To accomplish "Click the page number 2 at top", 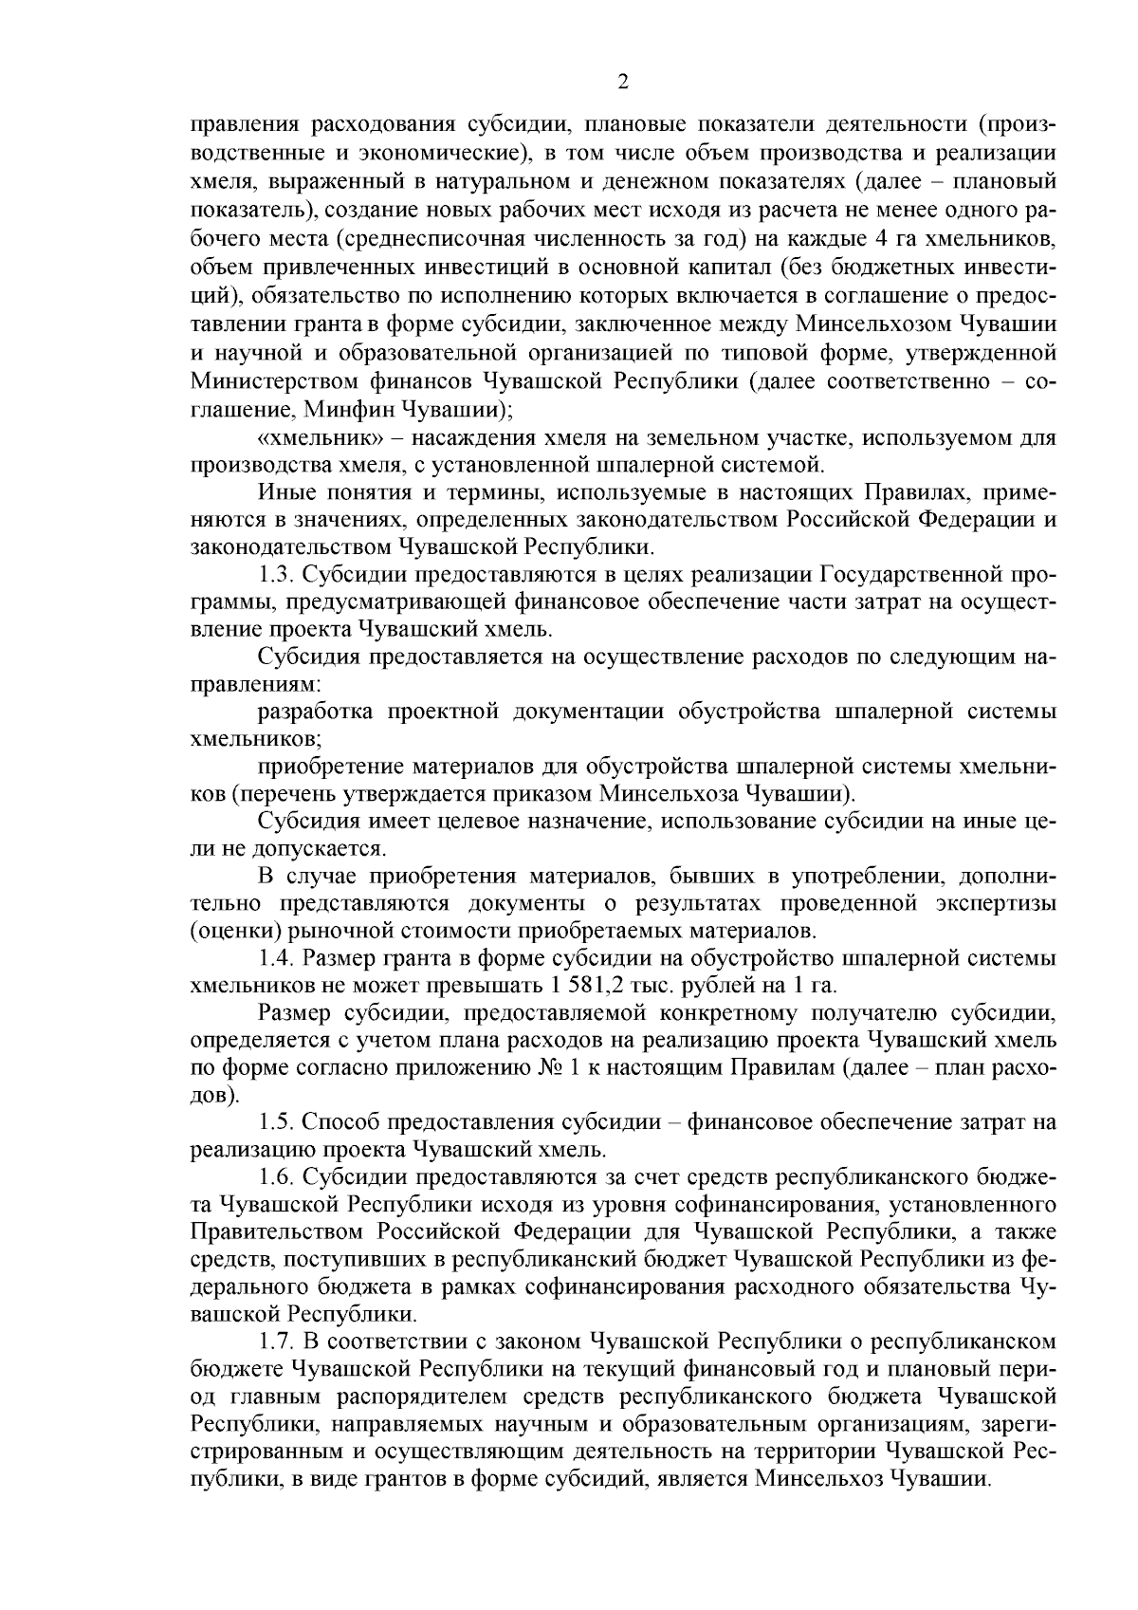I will (x=623, y=83).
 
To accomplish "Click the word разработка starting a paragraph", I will (x=316, y=712).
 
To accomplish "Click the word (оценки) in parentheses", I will (x=229, y=930).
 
